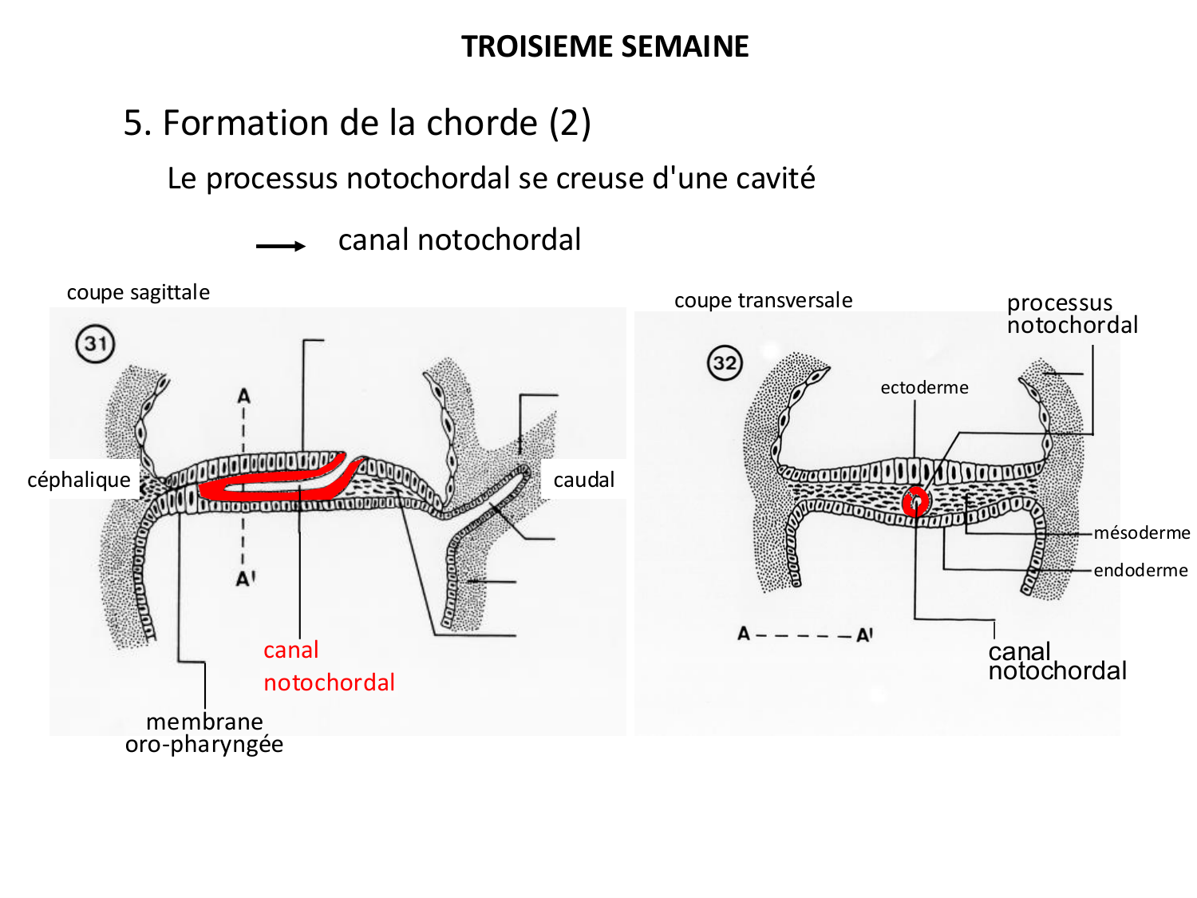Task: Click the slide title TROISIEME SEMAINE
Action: pyautogui.click(x=605, y=46)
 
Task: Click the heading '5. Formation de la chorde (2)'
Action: pyautogui.click(x=357, y=123)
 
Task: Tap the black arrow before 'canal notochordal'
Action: pyautogui.click(x=280, y=246)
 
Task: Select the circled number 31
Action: pyautogui.click(x=96, y=344)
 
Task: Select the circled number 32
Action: pyautogui.click(x=725, y=363)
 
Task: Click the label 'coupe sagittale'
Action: pyautogui.click(x=138, y=292)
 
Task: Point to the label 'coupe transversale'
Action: pyautogui.click(x=763, y=300)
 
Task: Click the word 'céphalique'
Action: pyautogui.click(x=79, y=480)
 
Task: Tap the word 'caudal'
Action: pyautogui.click(x=583, y=480)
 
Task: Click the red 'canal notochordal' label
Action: pyautogui.click(x=328, y=667)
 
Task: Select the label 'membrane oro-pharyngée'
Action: pyautogui.click(x=204, y=733)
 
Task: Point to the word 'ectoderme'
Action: pyautogui.click(x=924, y=387)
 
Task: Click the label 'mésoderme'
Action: pyautogui.click(x=1141, y=532)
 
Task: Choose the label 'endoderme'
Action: pyautogui.click(x=1140, y=570)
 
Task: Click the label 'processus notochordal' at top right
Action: pyautogui.click(x=1072, y=314)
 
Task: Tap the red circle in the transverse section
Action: pyautogui.click(x=915, y=502)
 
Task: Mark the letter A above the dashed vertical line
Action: pyautogui.click(x=243, y=395)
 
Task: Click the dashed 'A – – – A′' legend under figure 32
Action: pyautogui.click(x=804, y=635)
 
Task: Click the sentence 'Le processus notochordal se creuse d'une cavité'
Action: pyautogui.click(x=491, y=178)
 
